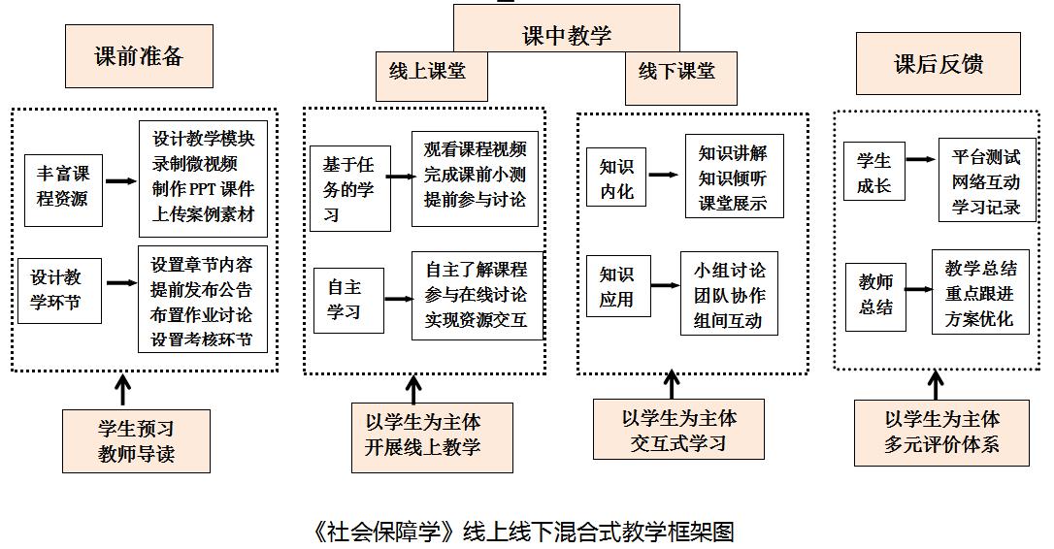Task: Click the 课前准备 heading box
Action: tap(139, 56)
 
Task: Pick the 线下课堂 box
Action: tap(676, 72)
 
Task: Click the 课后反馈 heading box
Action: tap(938, 64)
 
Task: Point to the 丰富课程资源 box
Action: tap(63, 186)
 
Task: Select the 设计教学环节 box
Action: tap(60, 287)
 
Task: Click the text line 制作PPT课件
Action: tap(202, 189)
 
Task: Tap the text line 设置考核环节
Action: tap(202, 339)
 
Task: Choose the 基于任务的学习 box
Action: tap(349, 189)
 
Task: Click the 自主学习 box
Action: tap(344, 299)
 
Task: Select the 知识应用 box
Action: tap(616, 286)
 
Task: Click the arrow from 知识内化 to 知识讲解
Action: tap(664, 176)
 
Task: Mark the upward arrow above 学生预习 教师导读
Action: tap(122, 389)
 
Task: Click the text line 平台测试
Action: tap(985, 156)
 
